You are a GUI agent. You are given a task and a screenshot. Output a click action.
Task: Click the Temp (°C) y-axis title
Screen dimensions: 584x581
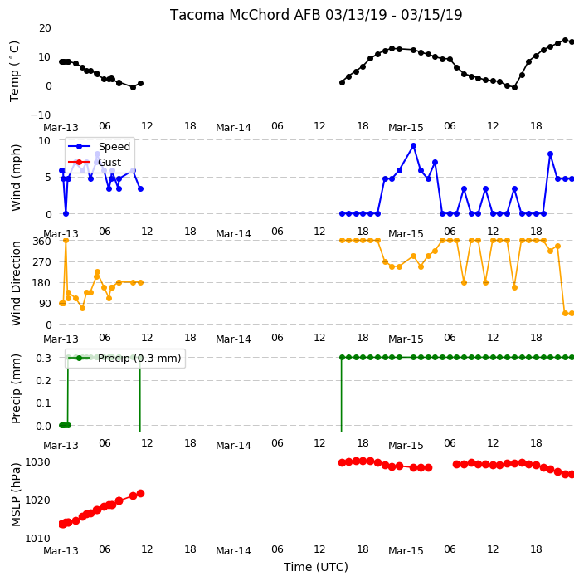point(14,71)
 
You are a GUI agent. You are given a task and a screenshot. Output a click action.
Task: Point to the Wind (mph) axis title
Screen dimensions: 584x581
point(16,178)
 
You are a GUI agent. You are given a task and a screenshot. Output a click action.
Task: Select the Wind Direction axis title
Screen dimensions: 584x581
point(16,283)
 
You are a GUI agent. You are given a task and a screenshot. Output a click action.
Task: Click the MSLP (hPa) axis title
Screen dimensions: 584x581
point(16,495)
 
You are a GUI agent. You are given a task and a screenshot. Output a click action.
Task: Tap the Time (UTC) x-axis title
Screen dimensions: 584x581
point(316,567)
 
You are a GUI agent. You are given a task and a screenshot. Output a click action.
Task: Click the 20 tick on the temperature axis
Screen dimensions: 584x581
point(44,28)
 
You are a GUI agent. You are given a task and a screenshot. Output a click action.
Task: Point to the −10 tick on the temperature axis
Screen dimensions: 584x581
point(41,115)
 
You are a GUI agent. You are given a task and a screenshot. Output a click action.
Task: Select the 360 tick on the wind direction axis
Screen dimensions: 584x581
point(41,242)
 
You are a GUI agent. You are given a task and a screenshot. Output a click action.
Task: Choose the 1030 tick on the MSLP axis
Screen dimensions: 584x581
point(37,462)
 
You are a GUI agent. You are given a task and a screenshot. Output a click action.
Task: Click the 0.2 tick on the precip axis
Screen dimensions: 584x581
point(43,380)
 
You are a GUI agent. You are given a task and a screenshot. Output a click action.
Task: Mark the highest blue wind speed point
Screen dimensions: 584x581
point(413,146)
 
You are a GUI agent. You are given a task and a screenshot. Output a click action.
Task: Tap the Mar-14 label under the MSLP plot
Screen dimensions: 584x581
point(234,551)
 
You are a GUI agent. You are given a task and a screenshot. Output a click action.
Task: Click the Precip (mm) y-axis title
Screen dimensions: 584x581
point(16,388)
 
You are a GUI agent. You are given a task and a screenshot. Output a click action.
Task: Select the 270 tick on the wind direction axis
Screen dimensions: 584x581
point(41,262)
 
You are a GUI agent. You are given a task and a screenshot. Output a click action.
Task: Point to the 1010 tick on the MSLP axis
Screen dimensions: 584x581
point(37,538)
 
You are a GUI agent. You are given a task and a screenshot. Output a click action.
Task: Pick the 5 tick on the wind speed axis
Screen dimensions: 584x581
point(48,178)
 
